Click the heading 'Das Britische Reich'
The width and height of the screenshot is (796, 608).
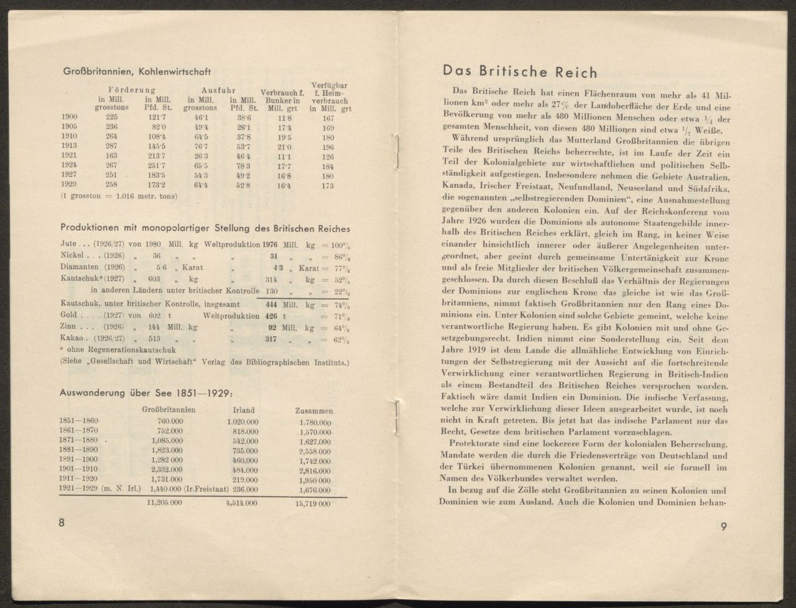(x=520, y=71)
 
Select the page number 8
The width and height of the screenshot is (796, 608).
(x=62, y=523)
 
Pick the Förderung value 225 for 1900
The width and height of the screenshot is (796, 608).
(x=111, y=116)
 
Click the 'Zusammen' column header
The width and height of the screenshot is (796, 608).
(x=313, y=411)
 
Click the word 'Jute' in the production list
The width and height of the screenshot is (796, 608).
(x=69, y=243)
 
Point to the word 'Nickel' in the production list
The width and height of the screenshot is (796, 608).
(x=72, y=255)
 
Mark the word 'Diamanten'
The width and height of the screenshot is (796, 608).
(x=80, y=267)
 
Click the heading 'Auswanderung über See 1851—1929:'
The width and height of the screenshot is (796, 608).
(x=146, y=393)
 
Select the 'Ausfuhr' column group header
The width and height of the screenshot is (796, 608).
(x=217, y=90)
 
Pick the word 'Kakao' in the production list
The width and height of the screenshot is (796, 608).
(x=72, y=339)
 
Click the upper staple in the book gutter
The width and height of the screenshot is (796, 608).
(x=396, y=152)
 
